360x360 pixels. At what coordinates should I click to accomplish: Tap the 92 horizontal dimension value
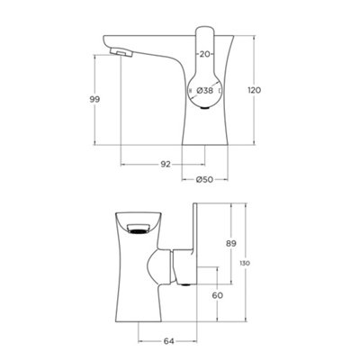coord(166,163)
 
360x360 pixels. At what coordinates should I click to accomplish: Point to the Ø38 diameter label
coord(207,92)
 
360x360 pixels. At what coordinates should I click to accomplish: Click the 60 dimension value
coord(216,294)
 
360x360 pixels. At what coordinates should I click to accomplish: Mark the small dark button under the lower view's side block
coord(185,283)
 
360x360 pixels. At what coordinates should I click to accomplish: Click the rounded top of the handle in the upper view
coord(206,33)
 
